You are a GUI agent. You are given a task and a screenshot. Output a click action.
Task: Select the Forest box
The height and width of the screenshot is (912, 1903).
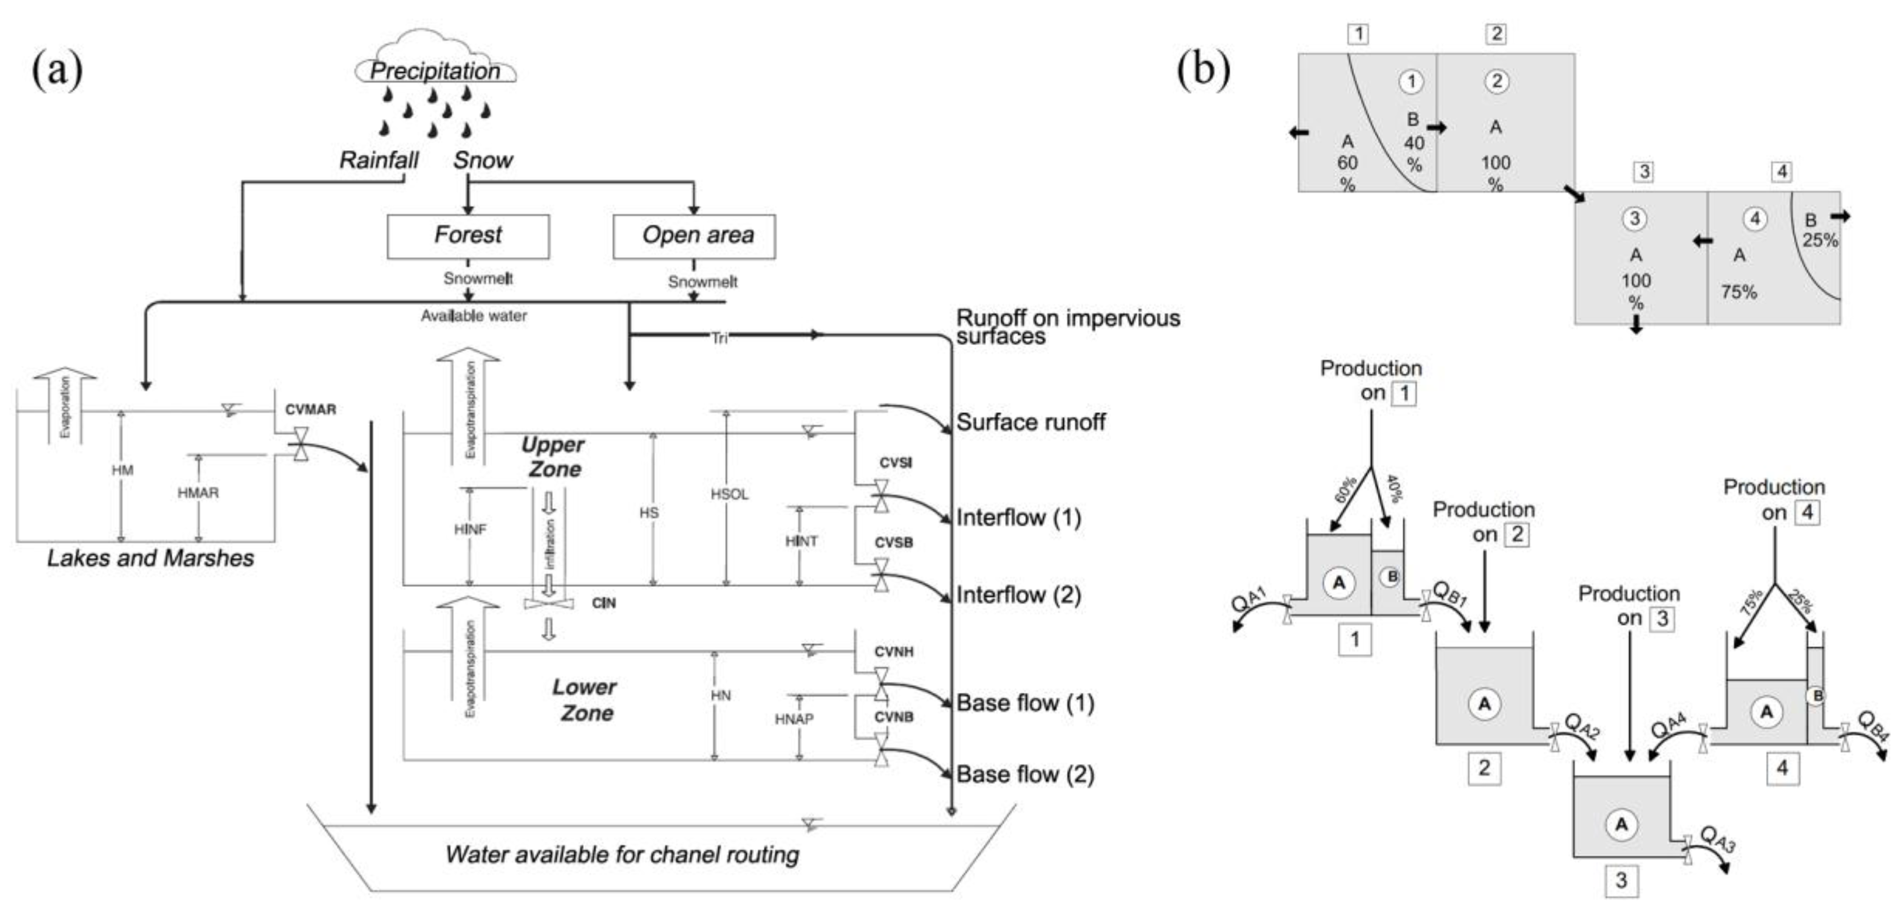[x=469, y=236]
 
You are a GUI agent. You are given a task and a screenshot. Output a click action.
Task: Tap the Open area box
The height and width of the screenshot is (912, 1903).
[x=694, y=236]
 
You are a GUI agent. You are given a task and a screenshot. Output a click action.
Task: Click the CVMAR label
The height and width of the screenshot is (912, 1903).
[x=310, y=410]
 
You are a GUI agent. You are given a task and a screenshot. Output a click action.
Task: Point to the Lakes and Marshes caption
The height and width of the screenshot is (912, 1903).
[x=151, y=558]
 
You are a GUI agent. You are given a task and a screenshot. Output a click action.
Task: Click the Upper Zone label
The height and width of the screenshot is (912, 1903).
[x=553, y=457]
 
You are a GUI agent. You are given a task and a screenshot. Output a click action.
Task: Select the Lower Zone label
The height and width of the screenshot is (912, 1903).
[x=585, y=700]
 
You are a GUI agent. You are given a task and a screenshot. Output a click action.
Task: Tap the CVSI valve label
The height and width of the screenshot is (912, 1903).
[x=895, y=463]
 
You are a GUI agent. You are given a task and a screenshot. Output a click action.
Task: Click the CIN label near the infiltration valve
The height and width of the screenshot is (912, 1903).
[x=604, y=603]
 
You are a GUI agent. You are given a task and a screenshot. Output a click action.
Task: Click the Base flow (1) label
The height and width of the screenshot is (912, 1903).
[x=1025, y=703]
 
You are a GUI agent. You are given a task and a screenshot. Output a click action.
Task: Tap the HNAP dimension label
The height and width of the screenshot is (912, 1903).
[x=794, y=719]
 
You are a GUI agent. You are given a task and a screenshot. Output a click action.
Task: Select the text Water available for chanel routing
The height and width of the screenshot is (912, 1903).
[x=622, y=855]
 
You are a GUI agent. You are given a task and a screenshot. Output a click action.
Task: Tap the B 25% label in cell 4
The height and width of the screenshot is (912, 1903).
[x=1819, y=230]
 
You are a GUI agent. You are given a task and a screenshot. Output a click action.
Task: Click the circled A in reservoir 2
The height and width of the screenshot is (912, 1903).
[x=1484, y=704]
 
